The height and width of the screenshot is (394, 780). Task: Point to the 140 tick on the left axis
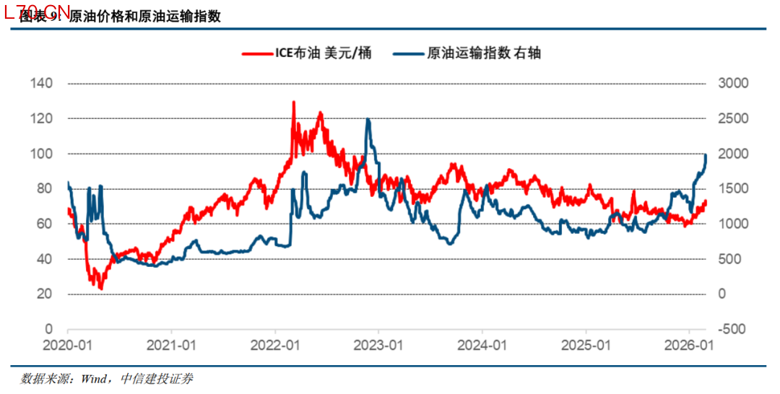[43, 84]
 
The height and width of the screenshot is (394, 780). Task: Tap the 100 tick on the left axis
[43, 154]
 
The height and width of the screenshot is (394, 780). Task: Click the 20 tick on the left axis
[45, 294]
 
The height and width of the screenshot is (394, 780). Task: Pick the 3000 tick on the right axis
[733, 84]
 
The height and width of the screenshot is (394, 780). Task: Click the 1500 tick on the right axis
[733, 189]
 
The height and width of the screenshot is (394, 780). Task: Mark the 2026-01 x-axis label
[689, 346]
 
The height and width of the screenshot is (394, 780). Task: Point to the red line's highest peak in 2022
[293, 102]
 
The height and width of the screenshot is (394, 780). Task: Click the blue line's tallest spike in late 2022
[368, 119]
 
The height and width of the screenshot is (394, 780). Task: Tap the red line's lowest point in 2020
[100, 289]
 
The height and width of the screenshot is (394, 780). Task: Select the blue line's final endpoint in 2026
[706, 154]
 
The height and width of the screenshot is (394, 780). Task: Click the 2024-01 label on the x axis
[482, 346]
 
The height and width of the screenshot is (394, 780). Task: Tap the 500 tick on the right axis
[729, 259]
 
